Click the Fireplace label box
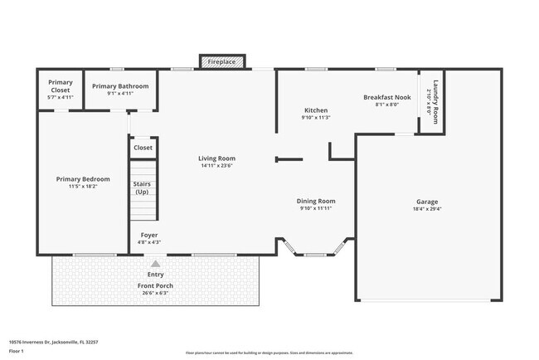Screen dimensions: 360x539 tap(221, 62)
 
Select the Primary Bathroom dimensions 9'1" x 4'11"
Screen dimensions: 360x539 tap(120, 94)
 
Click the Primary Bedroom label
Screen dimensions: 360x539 tap(79, 178)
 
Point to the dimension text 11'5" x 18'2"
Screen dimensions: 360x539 tap(79, 187)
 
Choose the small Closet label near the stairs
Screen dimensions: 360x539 tap(143, 148)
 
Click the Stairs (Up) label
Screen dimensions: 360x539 tap(142, 187)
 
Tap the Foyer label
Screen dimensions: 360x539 tap(149, 235)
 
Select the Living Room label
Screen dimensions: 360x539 tap(216, 158)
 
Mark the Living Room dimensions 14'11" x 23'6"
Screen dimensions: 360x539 tap(216, 166)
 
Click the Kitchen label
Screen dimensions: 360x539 tap(315, 110)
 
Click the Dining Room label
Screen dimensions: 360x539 tap(316, 201)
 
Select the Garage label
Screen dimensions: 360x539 tap(427, 202)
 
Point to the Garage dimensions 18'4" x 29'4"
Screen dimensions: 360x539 tap(427, 210)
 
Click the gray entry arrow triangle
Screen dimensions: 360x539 tap(155, 264)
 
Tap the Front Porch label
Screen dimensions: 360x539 tap(155, 285)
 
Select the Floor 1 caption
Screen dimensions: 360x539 tap(15, 352)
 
